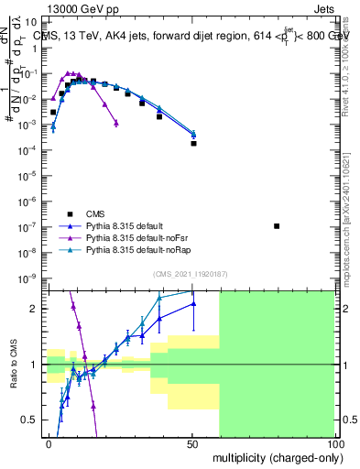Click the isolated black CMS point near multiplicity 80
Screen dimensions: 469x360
278,226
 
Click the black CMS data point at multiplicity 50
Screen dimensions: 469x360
193,143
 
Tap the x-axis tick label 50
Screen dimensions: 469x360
191,442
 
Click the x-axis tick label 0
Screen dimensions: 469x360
49,442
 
